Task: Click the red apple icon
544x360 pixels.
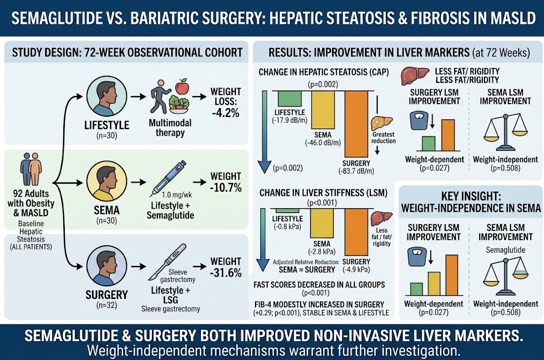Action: pos(182,87)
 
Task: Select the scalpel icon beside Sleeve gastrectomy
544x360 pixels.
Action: pos(167,261)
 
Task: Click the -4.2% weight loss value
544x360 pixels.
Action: pos(226,113)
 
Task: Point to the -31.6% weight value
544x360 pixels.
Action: pos(226,272)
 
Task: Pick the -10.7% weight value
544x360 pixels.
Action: pos(226,187)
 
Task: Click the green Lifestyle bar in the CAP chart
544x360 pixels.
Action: pos(290,99)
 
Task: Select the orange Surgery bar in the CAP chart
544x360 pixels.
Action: pos(356,124)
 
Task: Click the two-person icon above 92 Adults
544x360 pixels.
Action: pos(31,169)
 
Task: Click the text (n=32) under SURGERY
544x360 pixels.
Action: pos(106,305)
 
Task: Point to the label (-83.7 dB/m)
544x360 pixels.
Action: pos(356,171)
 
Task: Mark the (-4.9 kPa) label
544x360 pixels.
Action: pos(356,270)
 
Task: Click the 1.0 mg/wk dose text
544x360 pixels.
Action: pos(177,195)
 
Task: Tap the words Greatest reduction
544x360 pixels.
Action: pos(384,138)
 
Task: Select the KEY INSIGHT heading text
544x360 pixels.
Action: pos(471,202)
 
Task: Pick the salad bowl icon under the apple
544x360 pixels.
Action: pos(178,104)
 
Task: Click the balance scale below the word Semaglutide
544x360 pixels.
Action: pos(506,276)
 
